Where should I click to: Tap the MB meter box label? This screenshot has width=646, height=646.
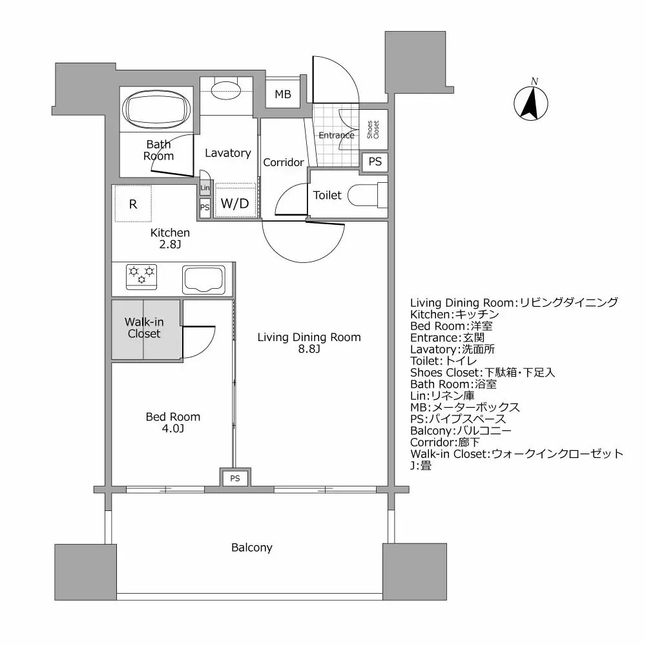[283, 94]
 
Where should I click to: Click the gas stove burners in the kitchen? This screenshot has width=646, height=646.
[141, 275]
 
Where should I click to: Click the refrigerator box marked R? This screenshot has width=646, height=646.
[133, 204]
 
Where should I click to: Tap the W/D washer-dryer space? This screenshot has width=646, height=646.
[234, 203]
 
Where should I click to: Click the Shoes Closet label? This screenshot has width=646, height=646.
[373, 130]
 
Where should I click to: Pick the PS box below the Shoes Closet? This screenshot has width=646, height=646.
[375, 161]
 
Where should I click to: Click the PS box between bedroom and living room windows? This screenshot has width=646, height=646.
[235, 479]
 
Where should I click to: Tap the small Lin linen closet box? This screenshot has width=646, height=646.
[205, 188]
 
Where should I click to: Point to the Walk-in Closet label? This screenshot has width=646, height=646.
[143, 328]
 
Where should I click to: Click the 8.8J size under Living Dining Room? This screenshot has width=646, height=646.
[308, 349]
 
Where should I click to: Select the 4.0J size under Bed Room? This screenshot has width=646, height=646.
[172, 428]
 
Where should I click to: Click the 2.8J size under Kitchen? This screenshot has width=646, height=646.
[170, 244]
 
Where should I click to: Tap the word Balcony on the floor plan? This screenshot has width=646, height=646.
[252, 548]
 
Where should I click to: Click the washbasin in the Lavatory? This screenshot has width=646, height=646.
[225, 89]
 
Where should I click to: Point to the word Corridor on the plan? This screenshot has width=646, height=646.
[283, 163]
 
